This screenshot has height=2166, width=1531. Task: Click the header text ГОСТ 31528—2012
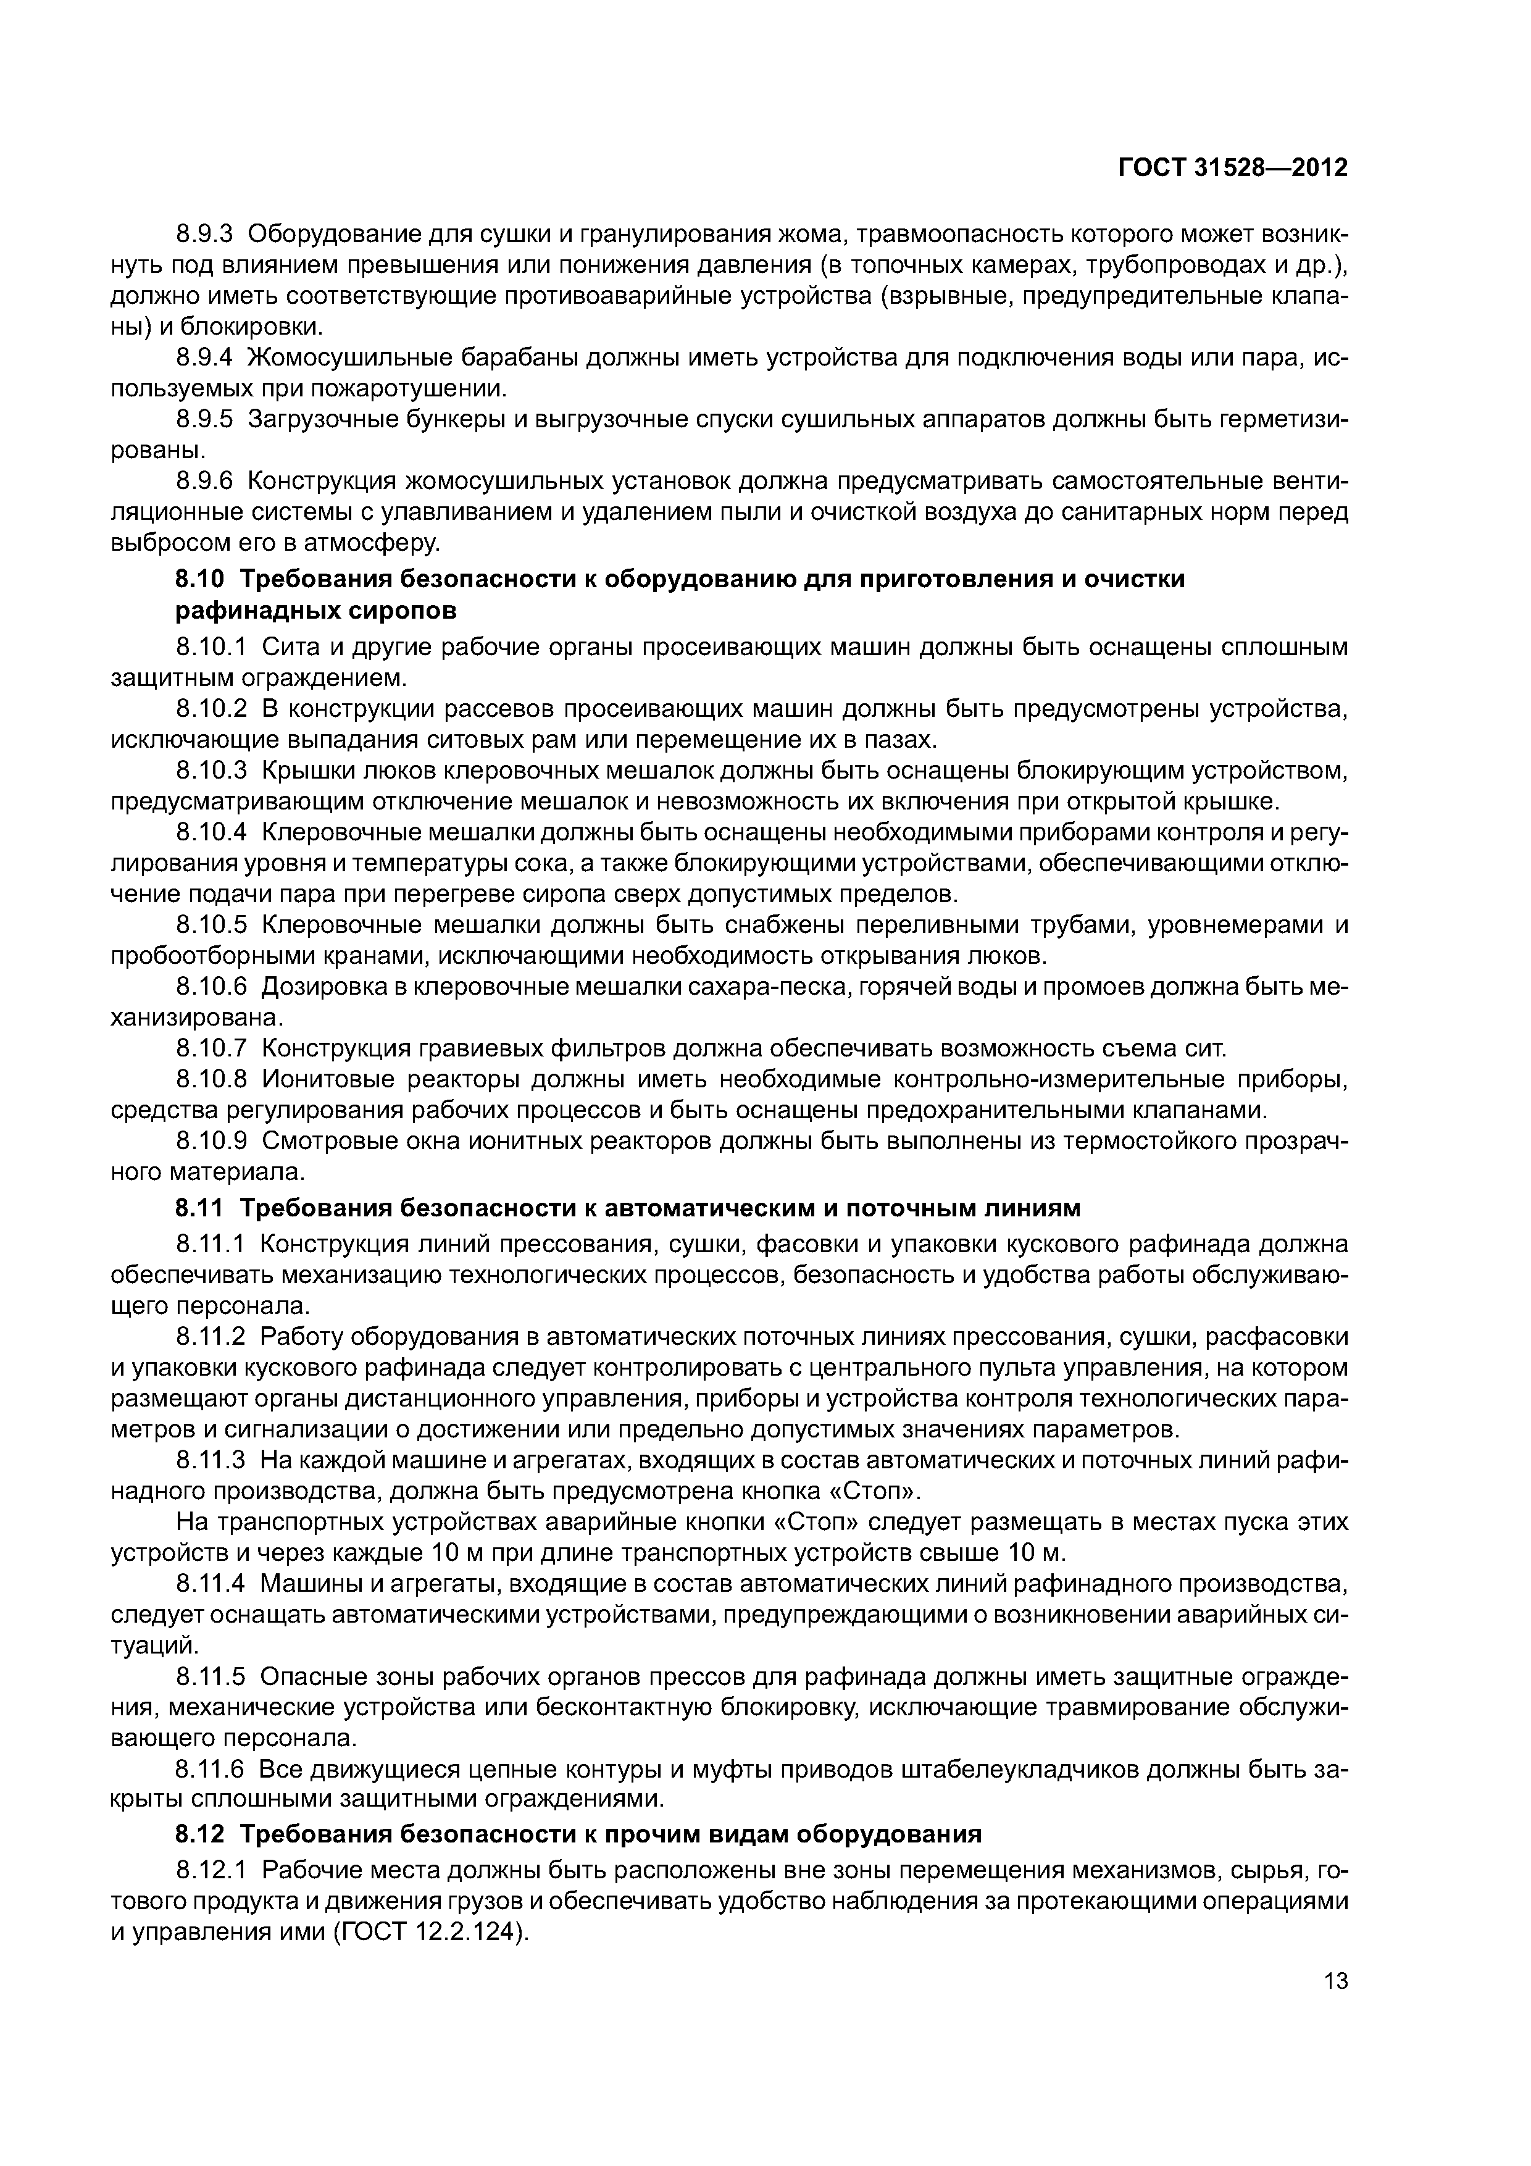(x=1232, y=168)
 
